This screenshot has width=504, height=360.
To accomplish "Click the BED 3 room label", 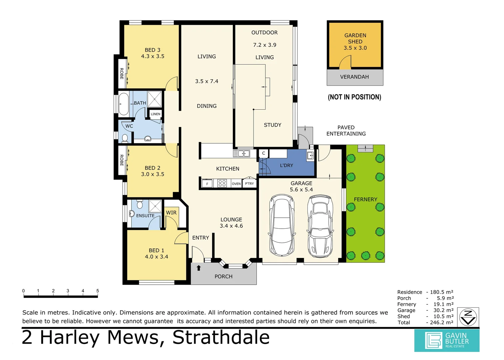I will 153,50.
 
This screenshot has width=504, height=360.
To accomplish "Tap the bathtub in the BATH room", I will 124,104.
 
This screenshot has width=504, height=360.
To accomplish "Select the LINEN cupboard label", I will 156,114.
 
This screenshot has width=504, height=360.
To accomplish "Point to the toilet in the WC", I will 125,138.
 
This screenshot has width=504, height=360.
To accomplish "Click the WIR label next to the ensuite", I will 171,213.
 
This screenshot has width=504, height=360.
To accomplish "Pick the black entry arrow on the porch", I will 199,268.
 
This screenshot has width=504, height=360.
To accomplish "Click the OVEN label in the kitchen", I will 236,184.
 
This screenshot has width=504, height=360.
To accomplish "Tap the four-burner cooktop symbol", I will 222,183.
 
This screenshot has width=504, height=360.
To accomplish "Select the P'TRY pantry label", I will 250,183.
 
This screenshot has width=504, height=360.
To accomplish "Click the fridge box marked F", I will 207,184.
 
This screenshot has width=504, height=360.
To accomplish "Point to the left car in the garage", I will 282,225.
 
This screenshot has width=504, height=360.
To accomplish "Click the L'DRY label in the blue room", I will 286,165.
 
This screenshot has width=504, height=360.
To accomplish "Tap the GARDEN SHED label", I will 355,38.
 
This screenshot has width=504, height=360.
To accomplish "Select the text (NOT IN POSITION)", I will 354,97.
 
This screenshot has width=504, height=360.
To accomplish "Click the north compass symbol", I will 468,317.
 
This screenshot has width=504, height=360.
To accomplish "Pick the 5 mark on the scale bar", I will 98,291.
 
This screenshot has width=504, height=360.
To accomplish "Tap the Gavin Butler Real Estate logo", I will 447,340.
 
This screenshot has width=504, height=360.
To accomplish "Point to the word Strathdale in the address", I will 221,337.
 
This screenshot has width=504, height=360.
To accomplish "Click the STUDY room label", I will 272,125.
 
